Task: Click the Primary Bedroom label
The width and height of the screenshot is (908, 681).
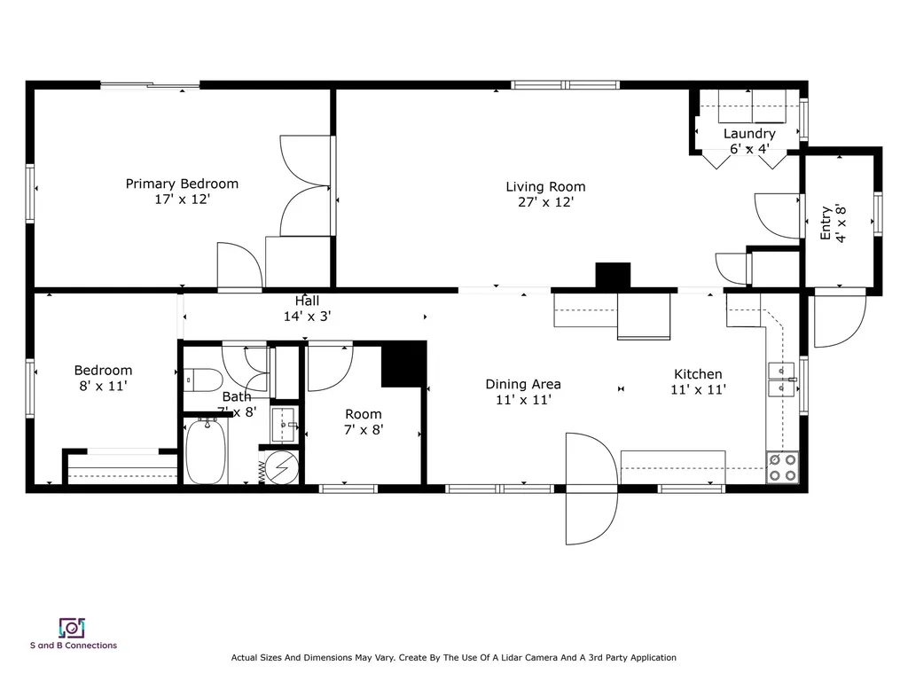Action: point(182,184)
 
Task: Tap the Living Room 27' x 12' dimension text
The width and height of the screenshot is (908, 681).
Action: point(545,202)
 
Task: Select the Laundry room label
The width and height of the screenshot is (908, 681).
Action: point(749,134)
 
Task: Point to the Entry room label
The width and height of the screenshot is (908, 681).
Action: point(826,223)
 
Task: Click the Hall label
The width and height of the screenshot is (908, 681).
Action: point(307,301)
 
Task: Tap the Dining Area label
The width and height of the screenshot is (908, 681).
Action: point(522,384)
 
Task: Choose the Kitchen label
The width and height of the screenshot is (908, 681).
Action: point(698,374)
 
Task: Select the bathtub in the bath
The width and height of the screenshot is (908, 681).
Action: point(206,451)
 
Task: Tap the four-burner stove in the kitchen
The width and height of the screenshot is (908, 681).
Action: point(782,467)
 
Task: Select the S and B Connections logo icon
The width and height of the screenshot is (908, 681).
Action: point(72,628)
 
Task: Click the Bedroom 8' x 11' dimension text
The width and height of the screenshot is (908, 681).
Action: point(103,386)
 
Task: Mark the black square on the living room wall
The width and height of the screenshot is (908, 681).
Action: point(613,275)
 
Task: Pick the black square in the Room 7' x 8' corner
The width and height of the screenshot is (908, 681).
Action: point(403,364)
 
